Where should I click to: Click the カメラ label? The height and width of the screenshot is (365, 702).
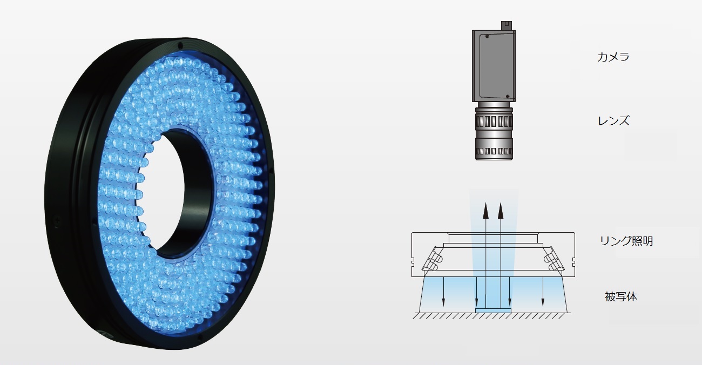click(613, 57)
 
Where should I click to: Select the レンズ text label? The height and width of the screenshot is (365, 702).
click(613, 121)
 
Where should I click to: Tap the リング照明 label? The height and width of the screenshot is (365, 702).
click(626, 241)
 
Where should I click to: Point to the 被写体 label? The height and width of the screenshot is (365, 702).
click(621, 296)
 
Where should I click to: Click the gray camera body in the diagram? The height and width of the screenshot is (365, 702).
click(494, 66)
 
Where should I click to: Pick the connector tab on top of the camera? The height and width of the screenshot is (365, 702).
click(506, 25)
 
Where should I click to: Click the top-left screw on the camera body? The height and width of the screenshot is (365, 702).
click(487, 37)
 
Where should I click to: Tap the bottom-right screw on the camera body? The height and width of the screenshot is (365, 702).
click(508, 96)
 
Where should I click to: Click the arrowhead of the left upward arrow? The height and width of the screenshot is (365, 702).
click(485, 211)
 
